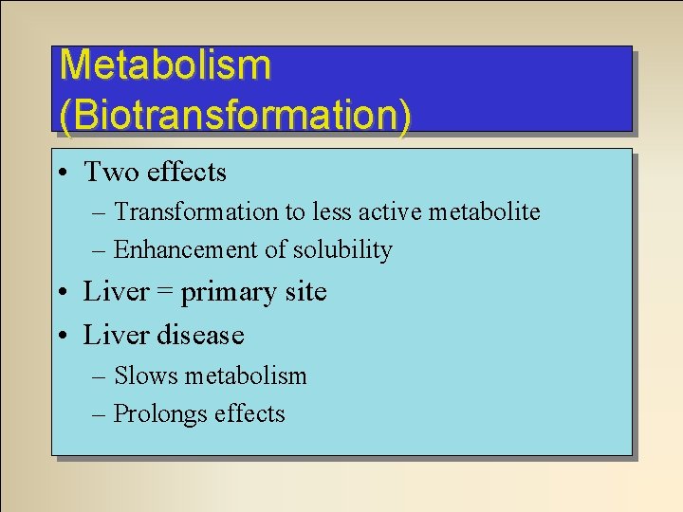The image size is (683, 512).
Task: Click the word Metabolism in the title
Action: pos(165,65)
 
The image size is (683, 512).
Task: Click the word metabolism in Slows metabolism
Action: pos(246,375)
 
